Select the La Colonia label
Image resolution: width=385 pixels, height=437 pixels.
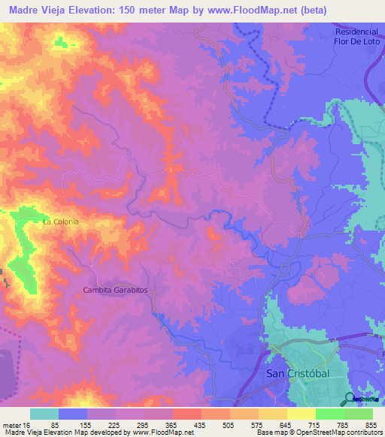[60, 222]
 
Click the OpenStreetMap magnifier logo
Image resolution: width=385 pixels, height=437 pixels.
[350, 399]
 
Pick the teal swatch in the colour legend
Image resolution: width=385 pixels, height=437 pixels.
[44, 414]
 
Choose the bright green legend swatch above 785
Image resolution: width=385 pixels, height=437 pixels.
[330, 414]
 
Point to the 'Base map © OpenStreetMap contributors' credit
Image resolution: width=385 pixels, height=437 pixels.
[319, 432]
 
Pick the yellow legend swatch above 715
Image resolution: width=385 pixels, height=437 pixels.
[302, 414]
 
